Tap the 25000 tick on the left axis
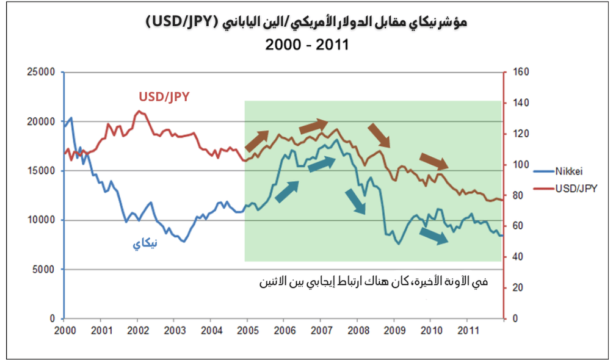[x=42, y=72]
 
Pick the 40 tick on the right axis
[x=518, y=257]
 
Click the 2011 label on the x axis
[x=467, y=329]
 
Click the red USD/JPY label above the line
[x=164, y=96]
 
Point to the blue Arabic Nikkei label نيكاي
[x=145, y=244]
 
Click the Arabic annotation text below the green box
[x=374, y=282]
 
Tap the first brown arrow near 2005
[x=256, y=141]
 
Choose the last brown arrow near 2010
[x=434, y=161]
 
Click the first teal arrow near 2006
[x=287, y=191]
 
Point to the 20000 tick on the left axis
[x=42, y=121]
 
